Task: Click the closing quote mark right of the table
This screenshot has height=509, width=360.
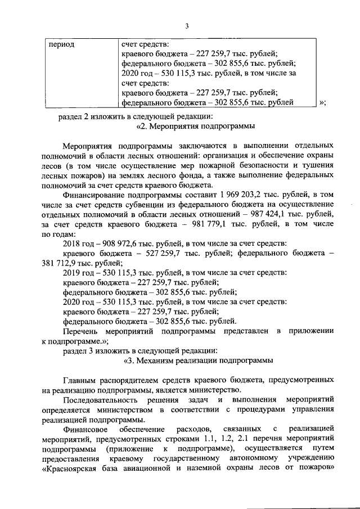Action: (322, 102)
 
